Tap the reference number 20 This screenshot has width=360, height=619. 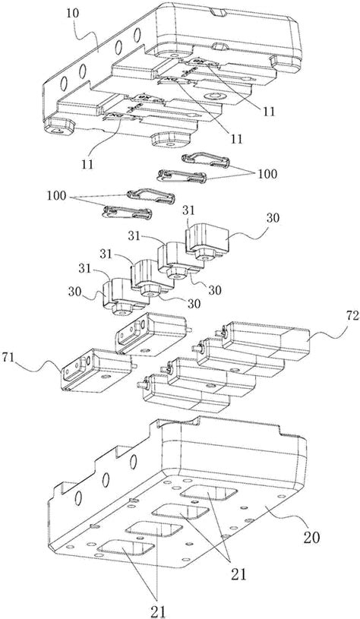pyautogui.click(x=311, y=537)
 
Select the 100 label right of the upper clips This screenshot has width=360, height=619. pyautogui.click(x=267, y=174)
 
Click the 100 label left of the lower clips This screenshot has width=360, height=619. pyautogui.click(x=56, y=196)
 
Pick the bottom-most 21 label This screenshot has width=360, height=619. pyautogui.click(x=158, y=611)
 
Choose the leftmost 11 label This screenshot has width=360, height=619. pyautogui.click(x=87, y=163)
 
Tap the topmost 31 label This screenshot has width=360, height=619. pyautogui.click(x=189, y=212)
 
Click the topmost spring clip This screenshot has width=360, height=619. pyautogui.click(x=206, y=161)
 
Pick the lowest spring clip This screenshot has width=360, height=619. pyautogui.click(x=127, y=212)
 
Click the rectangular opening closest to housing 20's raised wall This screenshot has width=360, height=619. pyautogui.click(x=209, y=491)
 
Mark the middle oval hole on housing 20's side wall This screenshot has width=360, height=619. pyautogui.click(x=106, y=478)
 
